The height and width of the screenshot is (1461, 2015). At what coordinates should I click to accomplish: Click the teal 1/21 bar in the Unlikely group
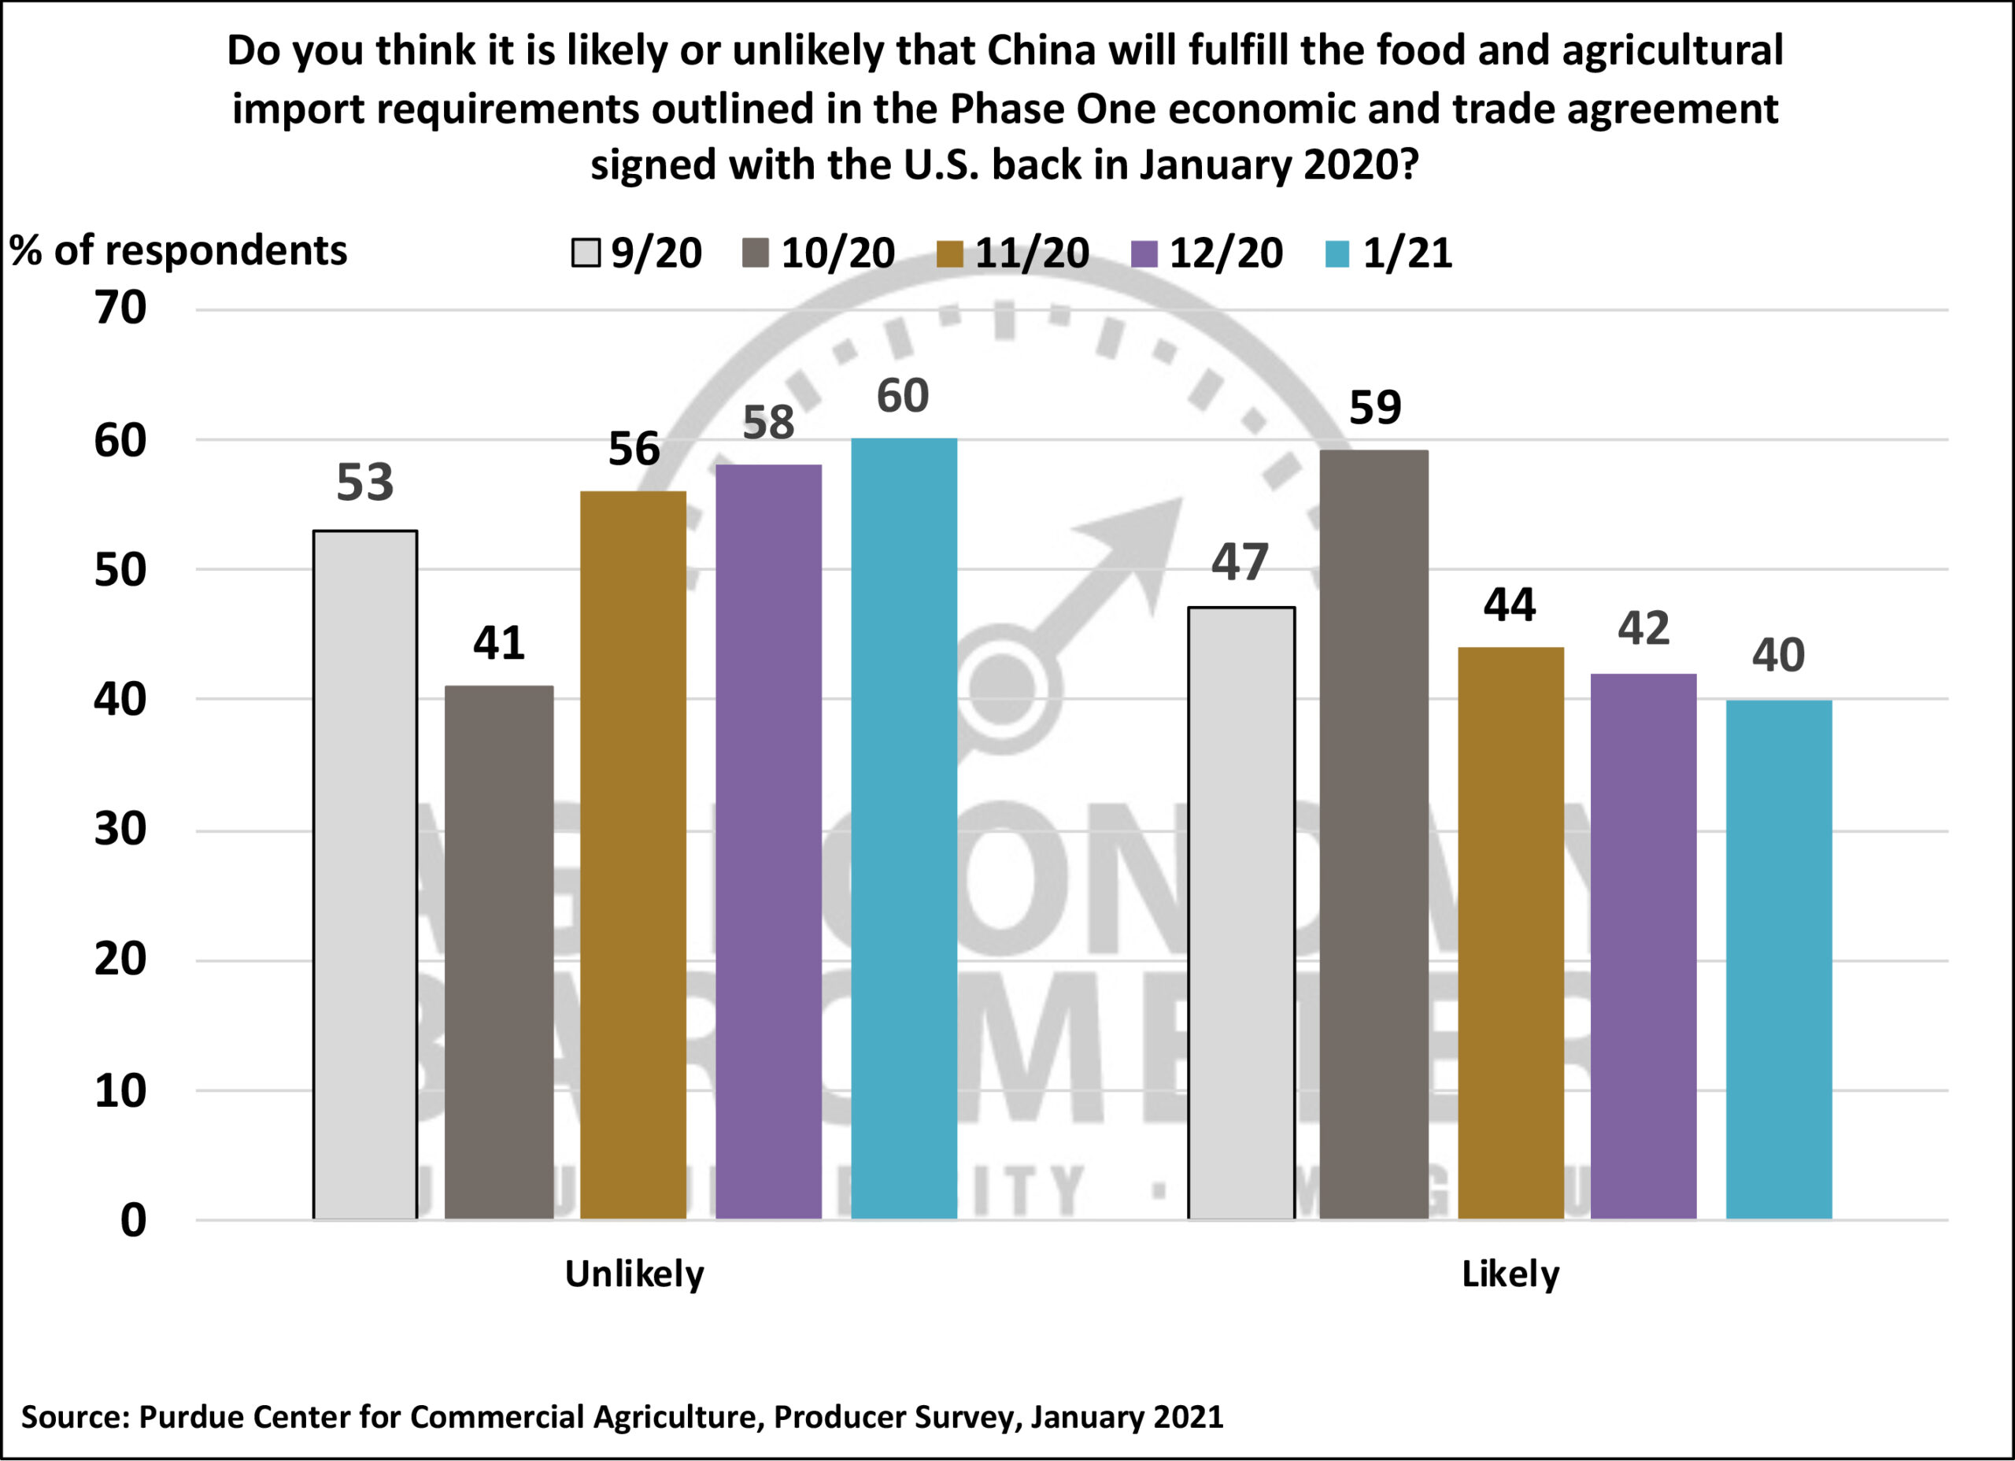(x=904, y=828)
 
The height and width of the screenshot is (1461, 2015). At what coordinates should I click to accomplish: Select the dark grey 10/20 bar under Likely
(x=1374, y=834)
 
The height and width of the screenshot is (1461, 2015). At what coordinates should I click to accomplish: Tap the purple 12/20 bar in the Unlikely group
(x=768, y=841)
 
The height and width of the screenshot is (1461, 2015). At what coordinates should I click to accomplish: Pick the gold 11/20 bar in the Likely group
(x=1510, y=933)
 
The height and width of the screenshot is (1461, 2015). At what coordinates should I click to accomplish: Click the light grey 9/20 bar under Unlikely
(x=365, y=875)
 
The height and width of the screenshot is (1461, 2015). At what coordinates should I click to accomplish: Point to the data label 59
(x=1375, y=408)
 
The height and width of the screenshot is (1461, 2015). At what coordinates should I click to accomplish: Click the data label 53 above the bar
(x=364, y=483)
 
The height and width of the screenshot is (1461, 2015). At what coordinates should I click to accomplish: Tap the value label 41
(x=498, y=642)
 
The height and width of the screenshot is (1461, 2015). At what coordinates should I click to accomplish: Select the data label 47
(x=1240, y=563)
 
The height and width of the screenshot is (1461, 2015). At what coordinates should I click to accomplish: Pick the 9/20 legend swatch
(x=586, y=254)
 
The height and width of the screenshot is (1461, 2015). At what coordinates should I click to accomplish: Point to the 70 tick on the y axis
(x=121, y=309)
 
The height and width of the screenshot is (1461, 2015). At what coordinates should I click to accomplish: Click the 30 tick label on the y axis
(x=121, y=830)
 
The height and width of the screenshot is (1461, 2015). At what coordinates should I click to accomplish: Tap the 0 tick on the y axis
(x=133, y=1221)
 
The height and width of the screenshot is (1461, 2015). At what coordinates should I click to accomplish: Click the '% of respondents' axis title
(x=179, y=251)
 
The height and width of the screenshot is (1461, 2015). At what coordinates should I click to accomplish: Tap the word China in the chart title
(x=1041, y=50)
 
